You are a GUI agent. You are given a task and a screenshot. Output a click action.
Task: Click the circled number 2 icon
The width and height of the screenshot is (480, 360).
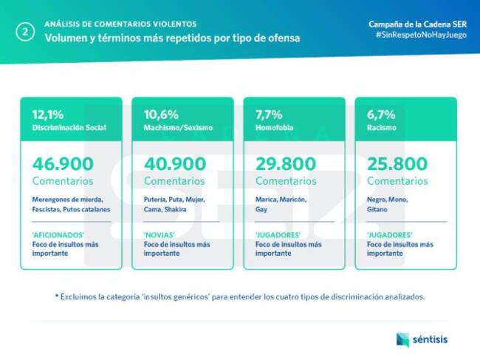pyautogui.click(x=25, y=32)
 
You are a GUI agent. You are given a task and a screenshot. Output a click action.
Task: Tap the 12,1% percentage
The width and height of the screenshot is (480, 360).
pyautogui.click(x=47, y=115)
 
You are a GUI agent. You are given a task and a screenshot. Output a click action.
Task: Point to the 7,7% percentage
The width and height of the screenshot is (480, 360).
pyautogui.click(x=269, y=115)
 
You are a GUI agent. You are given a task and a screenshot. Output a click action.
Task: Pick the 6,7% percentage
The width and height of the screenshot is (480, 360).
pyautogui.click(x=381, y=115)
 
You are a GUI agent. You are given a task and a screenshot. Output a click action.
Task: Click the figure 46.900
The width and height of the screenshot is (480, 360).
pyautogui.click(x=63, y=163)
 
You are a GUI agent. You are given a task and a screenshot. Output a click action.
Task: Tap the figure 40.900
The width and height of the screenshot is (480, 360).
pyautogui.click(x=174, y=163)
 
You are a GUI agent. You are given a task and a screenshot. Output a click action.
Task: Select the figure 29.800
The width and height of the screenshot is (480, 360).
pyautogui.click(x=286, y=163)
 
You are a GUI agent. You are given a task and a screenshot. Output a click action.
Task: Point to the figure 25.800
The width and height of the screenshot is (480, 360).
pyautogui.click(x=397, y=163)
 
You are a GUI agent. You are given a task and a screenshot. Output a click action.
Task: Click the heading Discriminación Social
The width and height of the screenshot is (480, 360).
pyautogui.click(x=69, y=128)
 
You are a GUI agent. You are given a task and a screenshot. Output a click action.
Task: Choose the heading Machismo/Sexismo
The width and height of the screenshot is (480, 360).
pyautogui.click(x=178, y=128)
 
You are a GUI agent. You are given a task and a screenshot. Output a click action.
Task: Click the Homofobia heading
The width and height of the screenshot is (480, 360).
pyautogui.click(x=275, y=128)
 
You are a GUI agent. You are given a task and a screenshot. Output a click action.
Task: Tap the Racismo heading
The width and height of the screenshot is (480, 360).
pyautogui.click(x=382, y=128)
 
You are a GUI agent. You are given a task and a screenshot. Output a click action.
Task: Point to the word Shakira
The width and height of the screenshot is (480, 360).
pyautogui.click(x=174, y=209)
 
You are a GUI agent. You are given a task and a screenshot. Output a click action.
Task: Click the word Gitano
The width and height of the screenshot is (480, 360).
pyautogui.click(x=379, y=209)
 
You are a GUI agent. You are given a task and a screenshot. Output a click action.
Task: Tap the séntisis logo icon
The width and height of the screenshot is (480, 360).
pyautogui.click(x=402, y=339)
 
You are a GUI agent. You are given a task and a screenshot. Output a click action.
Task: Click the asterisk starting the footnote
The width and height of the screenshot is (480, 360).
pyautogui.click(x=56, y=296)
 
